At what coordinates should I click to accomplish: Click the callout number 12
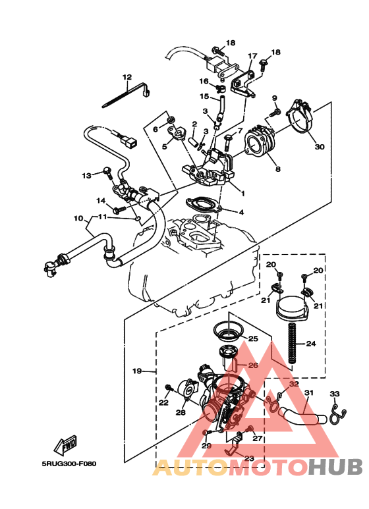(127, 77)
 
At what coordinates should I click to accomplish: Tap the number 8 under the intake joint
(277, 169)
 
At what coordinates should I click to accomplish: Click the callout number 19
(137, 371)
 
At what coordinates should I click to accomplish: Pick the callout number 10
(78, 218)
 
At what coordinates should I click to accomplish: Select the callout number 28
(181, 413)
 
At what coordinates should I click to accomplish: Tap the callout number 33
(335, 394)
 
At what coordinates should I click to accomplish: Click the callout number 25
(253, 339)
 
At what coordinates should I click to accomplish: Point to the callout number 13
(86, 175)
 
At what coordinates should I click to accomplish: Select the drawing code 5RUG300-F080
(69, 464)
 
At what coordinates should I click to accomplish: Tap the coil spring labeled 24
(289, 346)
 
